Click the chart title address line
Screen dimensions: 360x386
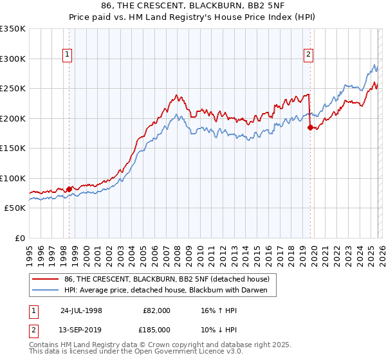pos(192,6)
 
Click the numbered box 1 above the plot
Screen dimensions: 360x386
pos(68,55)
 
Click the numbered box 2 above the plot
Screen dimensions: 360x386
pos(309,55)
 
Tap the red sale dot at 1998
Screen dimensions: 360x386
pos(69,189)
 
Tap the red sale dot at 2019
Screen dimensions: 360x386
pos(310,127)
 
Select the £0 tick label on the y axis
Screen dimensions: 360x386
pos(19,238)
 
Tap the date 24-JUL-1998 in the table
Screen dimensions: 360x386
pos(81,310)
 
